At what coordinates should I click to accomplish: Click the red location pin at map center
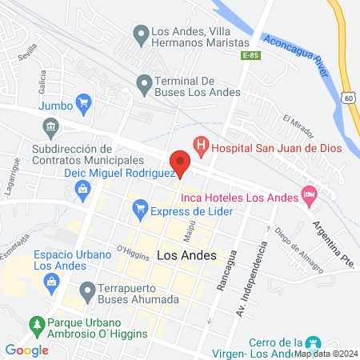[180, 162]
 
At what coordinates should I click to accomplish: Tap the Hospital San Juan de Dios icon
[202, 146]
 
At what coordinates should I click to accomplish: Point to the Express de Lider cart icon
[141, 210]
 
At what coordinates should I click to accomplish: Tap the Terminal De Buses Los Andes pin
[144, 82]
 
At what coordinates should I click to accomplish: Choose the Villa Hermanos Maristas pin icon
[140, 35]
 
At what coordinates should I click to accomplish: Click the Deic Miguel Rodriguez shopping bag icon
[82, 189]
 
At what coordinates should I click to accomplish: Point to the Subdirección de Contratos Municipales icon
[50, 126]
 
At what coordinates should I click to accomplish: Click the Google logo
[27, 350]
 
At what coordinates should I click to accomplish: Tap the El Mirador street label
[295, 124]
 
